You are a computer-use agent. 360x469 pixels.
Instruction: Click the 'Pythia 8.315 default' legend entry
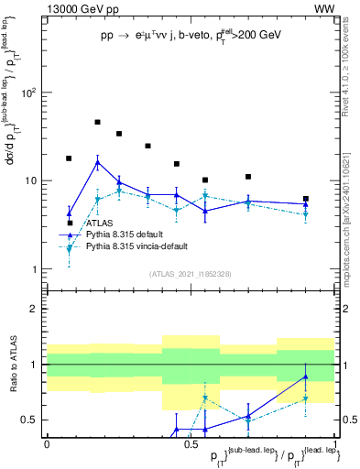click(x=129, y=234)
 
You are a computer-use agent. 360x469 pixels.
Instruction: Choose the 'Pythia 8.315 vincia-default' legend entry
click(x=142, y=246)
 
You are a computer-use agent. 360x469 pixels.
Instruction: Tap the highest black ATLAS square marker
click(x=97, y=122)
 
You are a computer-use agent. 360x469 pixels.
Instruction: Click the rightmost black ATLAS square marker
click(x=306, y=199)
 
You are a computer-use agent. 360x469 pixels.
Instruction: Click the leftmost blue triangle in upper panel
click(x=69, y=213)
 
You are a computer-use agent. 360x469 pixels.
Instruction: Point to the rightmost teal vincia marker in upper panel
click(x=306, y=214)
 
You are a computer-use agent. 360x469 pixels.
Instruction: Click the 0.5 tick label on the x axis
click(x=190, y=442)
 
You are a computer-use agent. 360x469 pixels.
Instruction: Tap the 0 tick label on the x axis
click(x=47, y=442)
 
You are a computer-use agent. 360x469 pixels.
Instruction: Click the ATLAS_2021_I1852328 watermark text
click(x=190, y=274)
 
